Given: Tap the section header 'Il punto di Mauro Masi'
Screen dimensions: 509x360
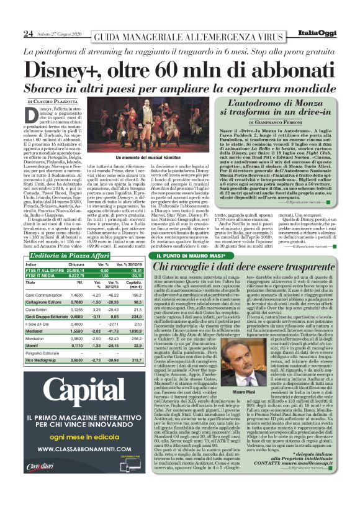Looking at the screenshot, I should [189, 238].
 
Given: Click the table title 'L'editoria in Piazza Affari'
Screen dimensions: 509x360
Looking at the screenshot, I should [69, 239].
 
